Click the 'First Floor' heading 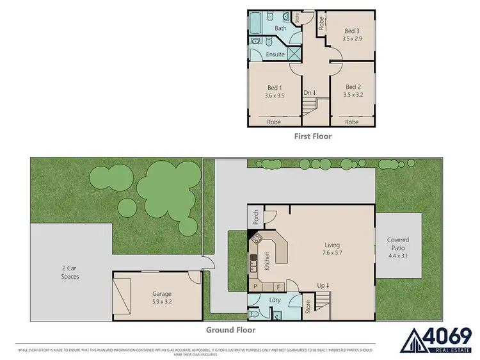pos(312,136)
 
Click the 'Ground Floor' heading pos(230,330)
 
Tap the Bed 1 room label pos(274,87)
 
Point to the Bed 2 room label pos(352,87)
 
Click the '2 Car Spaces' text pos(70,272)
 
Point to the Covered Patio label pos(397,243)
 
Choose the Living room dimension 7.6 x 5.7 pos(332,253)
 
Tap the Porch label pos(255,218)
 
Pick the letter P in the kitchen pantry pos(255,286)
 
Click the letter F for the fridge pos(279,286)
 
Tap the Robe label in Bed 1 pos(273,122)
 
